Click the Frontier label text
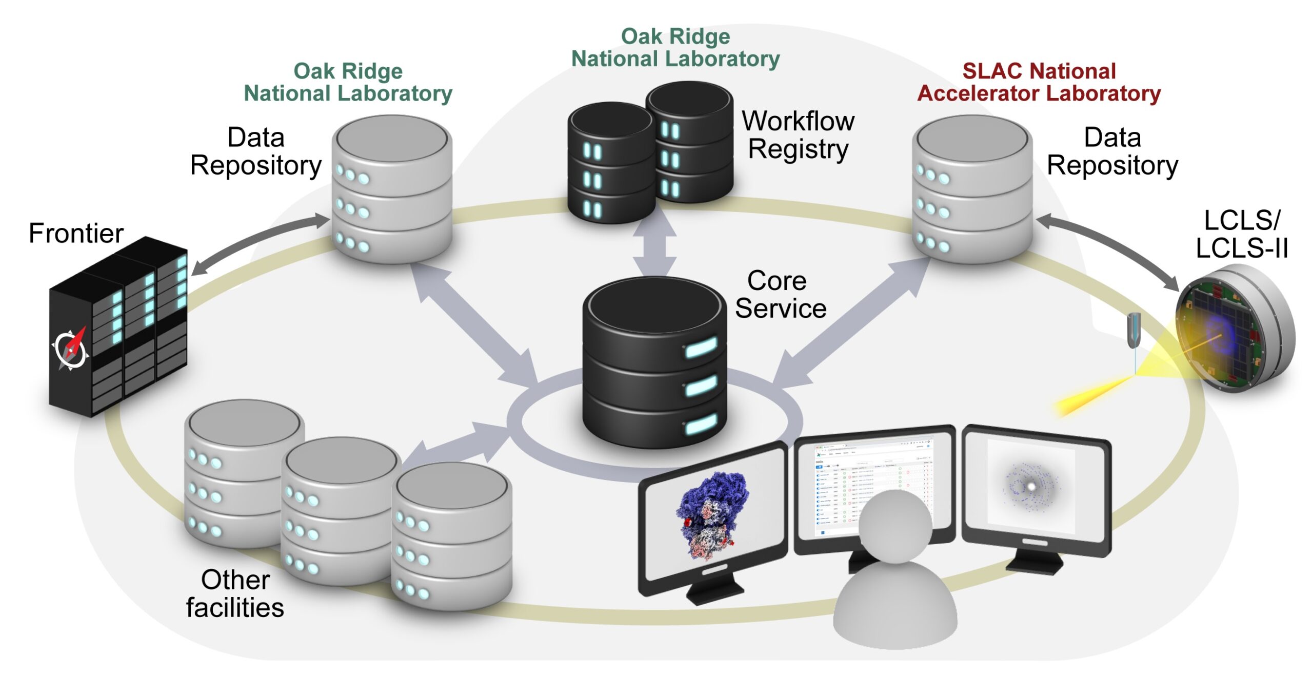click(76, 234)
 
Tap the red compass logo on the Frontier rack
click(70, 349)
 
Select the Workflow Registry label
click(798, 135)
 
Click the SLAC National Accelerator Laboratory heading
click(1039, 82)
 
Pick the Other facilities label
click(235, 594)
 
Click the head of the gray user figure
click(895, 526)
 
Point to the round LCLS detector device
click(1234, 329)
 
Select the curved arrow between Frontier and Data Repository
click(259, 241)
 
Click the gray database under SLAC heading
click(972, 190)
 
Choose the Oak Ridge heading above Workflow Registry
click(675, 48)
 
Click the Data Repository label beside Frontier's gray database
click(255, 151)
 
